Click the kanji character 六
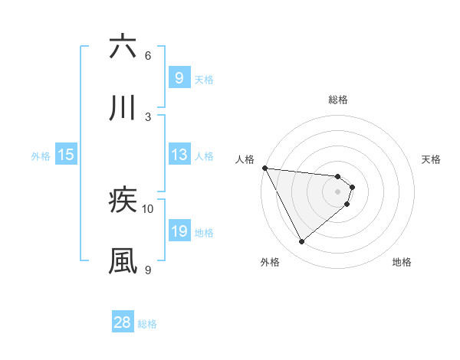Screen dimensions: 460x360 (123, 47)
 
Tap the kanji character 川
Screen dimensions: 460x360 (123, 108)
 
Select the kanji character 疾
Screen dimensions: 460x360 (123, 201)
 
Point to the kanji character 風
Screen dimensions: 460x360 (123, 261)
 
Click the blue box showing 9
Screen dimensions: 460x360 (179, 78)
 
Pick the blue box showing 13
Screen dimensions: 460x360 (179, 155)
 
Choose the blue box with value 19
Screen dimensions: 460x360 (179, 231)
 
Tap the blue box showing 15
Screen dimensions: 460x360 (66, 155)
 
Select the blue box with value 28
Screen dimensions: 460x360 (123, 322)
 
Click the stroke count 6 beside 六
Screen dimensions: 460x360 (148, 56)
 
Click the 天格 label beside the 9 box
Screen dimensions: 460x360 (204, 79)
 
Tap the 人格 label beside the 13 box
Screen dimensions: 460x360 (204, 156)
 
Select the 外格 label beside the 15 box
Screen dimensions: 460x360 (41, 156)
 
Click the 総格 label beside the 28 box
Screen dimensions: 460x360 (147, 323)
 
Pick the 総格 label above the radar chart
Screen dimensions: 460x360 (338, 100)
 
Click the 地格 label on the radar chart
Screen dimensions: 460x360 (402, 262)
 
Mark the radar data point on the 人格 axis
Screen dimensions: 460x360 (264, 168)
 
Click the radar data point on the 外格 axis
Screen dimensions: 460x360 (301, 242)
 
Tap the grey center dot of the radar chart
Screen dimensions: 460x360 (338, 191)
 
